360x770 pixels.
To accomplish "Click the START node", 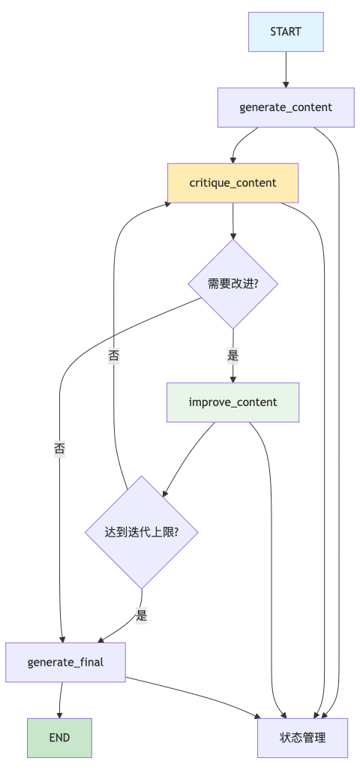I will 286,32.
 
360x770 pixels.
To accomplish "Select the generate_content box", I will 286,107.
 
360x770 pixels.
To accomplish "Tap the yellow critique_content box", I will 232,183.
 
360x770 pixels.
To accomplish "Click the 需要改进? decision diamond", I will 232,284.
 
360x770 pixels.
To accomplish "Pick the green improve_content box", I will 232,402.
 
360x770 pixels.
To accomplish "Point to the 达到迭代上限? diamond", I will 141,532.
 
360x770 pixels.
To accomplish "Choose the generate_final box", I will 65,662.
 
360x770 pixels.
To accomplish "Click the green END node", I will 59,738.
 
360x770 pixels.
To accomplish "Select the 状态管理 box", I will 302,738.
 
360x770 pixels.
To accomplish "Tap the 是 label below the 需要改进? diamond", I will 232,356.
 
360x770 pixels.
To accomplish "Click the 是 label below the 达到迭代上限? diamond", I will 141,616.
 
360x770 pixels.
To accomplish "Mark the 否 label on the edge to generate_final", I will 59,449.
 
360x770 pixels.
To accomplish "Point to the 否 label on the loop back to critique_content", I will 113,356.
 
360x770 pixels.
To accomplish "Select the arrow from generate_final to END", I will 59,699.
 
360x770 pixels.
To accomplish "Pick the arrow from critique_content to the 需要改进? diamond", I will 232,221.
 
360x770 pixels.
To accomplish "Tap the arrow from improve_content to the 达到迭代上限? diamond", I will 187,458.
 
